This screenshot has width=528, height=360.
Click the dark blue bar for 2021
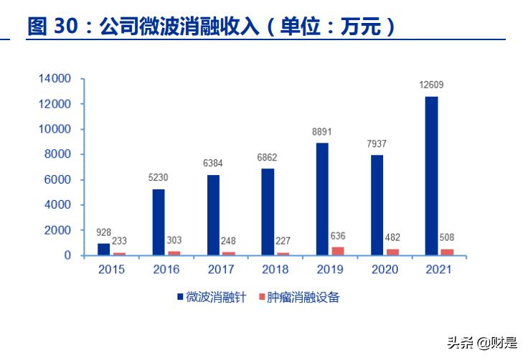(x=431, y=176)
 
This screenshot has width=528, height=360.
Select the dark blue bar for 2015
(x=104, y=249)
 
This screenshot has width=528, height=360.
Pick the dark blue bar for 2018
(x=268, y=212)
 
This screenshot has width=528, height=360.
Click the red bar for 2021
(x=447, y=252)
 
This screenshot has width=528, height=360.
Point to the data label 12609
(x=431, y=85)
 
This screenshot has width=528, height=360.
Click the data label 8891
(x=322, y=132)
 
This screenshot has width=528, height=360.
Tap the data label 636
(x=338, y=236)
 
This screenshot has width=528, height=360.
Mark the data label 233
(x=121, y=242)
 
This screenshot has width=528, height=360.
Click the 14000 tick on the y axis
(x=55, y=79)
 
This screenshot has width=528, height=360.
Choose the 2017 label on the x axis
(x=221, y=270)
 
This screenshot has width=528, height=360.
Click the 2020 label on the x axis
(x=385, y=270)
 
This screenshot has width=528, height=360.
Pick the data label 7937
(x=377, y=144)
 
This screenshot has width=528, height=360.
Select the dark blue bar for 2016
(x=159, y=222)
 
